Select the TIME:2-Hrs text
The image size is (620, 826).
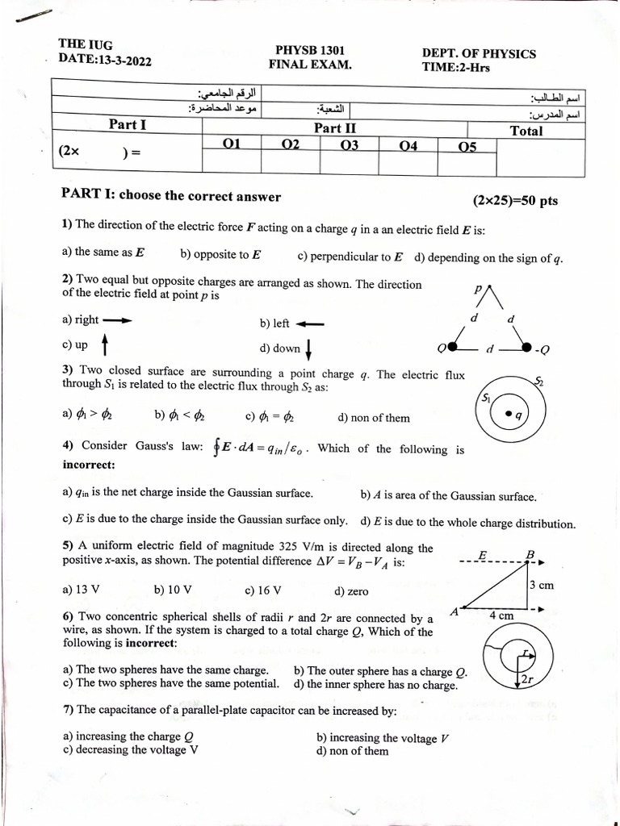(455, 67)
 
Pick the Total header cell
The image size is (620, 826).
(526, 130)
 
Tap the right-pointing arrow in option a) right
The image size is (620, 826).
(116, 320)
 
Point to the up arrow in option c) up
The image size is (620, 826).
(104, 344)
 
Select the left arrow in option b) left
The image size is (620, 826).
(310, 324)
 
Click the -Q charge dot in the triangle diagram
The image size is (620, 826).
(526, 348)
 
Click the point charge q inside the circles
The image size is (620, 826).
(508, 415)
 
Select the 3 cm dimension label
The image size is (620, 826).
(541, 585)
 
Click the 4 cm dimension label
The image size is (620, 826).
(501, 615)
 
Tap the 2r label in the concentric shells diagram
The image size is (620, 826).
(527, 679)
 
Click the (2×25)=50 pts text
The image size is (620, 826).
(515, 200)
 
